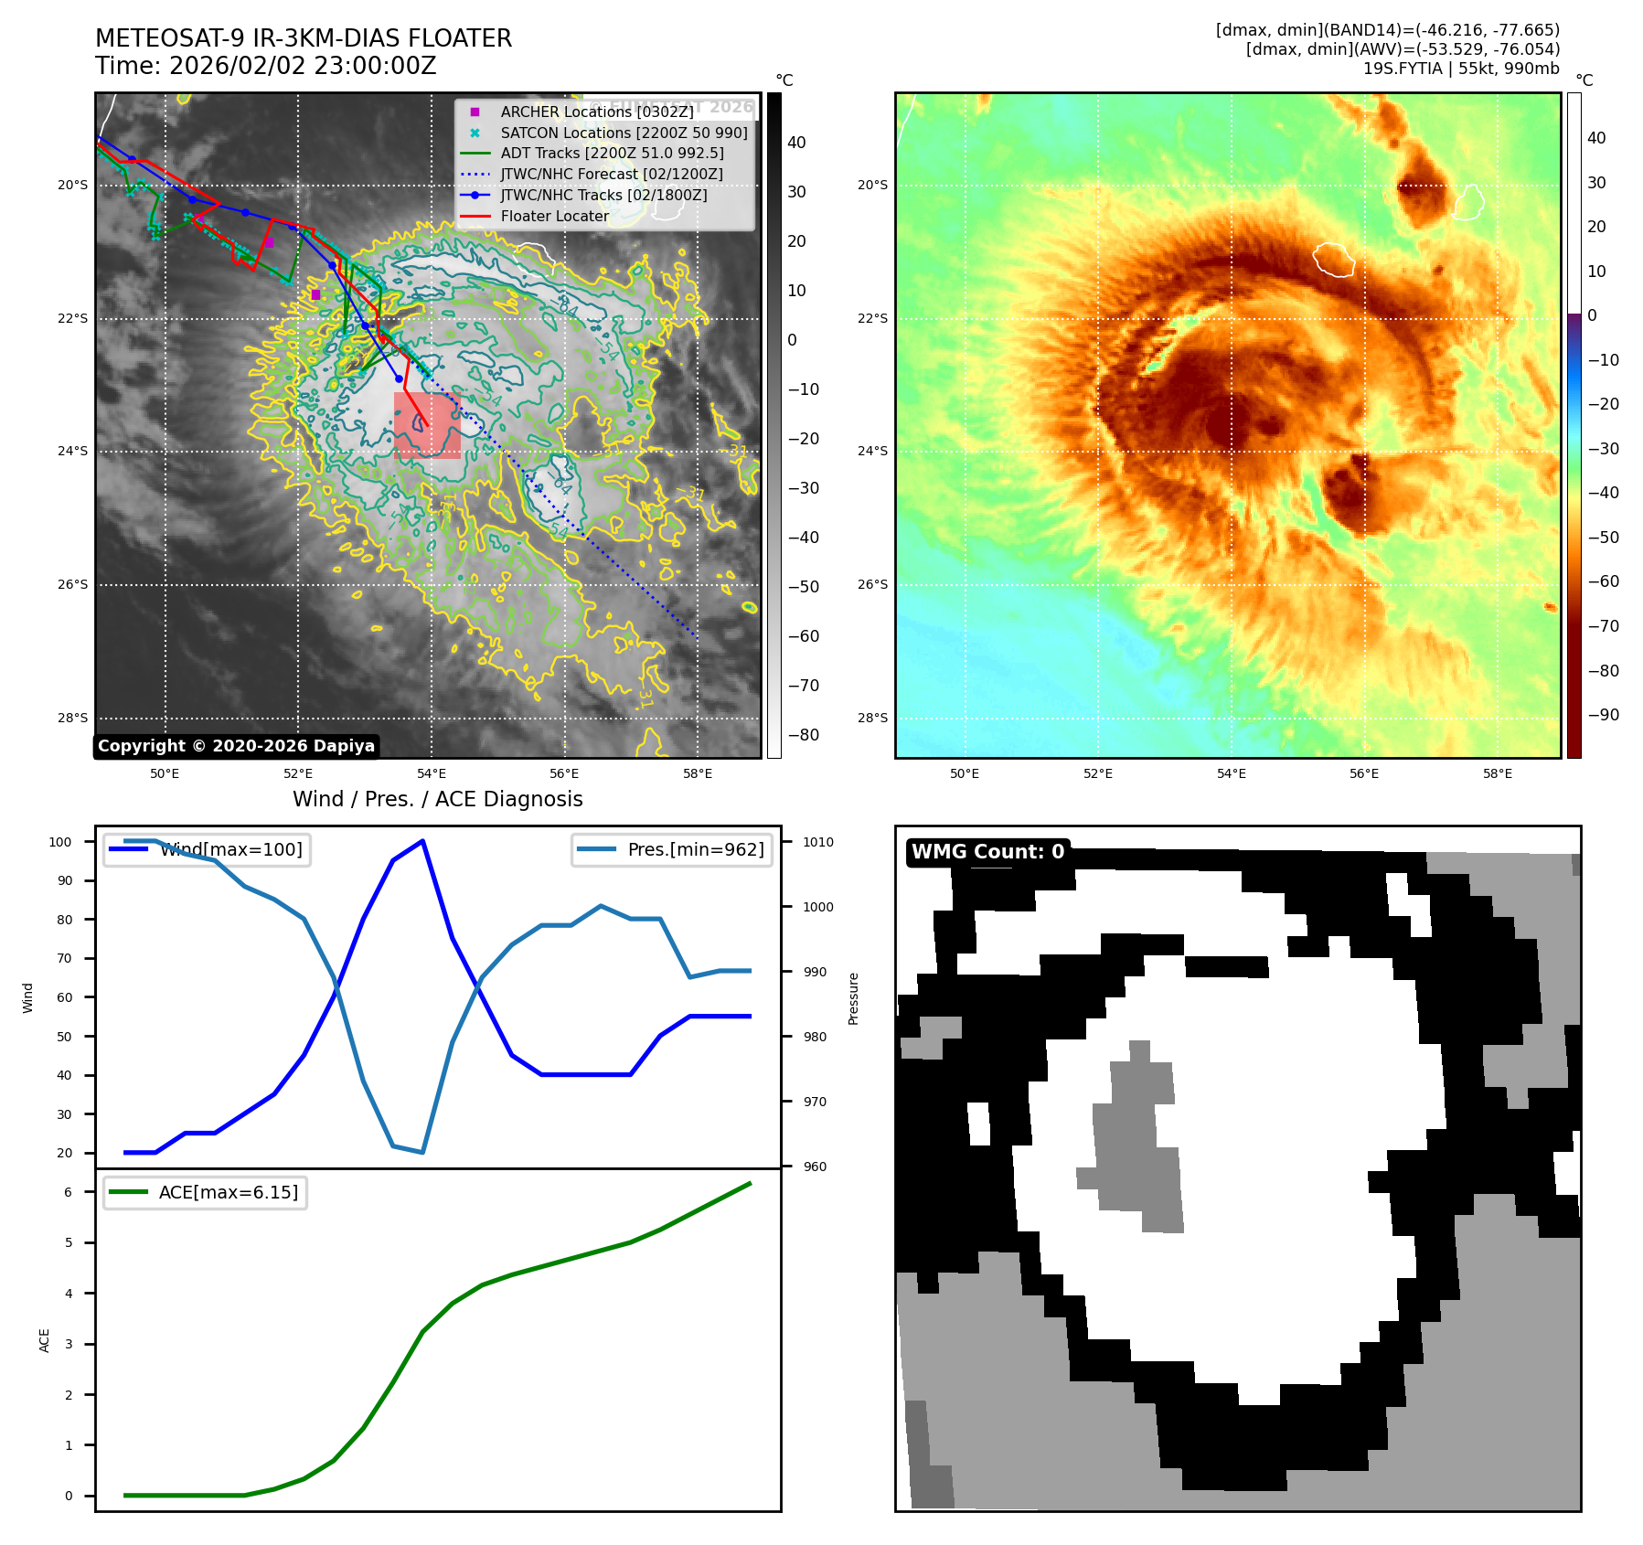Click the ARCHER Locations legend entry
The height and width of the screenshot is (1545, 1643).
pyautogui.click(x=596, y=112)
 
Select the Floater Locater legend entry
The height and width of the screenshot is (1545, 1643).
pyautogui.click(x=554, y=217)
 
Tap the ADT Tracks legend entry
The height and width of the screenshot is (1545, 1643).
pyautogui.click(x=612, y=154)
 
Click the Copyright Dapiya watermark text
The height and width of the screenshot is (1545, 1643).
pyautogui.click(x=236, y=746)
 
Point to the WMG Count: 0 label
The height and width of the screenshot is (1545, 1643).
pyautogui.click(x=987, y=852)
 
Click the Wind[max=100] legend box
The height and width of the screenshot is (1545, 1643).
pyautogui.click(x=207, y=849)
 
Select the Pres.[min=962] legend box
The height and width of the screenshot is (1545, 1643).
pyautogui.click(x=672, y=849)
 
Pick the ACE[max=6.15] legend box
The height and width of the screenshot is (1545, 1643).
pyautogui.click(x=205, y=1193)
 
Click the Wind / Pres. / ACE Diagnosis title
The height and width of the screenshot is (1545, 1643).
pyautogui.click(x=437, y=799)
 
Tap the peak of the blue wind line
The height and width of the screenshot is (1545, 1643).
pyautogui.click(x=422, y=841)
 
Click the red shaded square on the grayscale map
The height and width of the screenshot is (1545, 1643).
pyautogui.click(x=427, y=425)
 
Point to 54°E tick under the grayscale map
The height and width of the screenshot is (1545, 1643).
pyautogui.click(x=432, y=774)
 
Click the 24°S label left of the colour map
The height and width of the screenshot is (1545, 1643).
pyautogui.click(x=872, y=451)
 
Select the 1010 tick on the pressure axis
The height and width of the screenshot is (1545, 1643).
pyautogui.click(x=818, y=842)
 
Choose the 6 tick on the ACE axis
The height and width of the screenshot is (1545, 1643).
pyautogui.click(x=68, y=1192)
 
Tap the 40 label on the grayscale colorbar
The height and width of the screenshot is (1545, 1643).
pyautogui.click(x=796, y=143)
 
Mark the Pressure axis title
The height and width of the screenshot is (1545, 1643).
pyautogui.click(x=853, y=998)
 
